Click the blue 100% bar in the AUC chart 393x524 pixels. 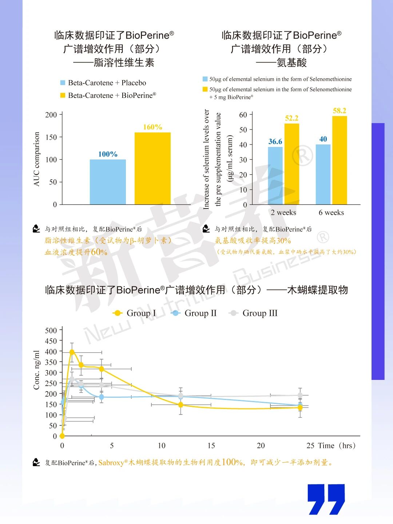click(108, 182)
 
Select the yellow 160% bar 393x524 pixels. click(152, 168)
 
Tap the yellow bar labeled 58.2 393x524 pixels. click(340, 160)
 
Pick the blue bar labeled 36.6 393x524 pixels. click(275, 175)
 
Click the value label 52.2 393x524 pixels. click(291, 118)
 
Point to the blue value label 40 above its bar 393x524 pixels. click(323, 139)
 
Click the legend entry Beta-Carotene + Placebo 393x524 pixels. click(103, 83)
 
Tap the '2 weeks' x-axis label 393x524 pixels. click(283, 213)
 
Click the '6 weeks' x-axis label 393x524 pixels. click(331, 213)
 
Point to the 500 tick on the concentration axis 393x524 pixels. click(51, 330)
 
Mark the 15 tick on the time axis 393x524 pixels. click(211, 446)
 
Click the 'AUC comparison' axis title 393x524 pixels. click(36, 159)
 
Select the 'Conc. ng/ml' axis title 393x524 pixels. click(36, 370)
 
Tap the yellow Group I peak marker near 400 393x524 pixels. click(72, 352)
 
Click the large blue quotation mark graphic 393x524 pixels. click(326, 499)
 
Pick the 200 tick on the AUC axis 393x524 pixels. click(51, 115)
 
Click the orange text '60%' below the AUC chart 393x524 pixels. click(99, 252)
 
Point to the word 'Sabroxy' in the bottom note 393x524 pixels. click(111, 463)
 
